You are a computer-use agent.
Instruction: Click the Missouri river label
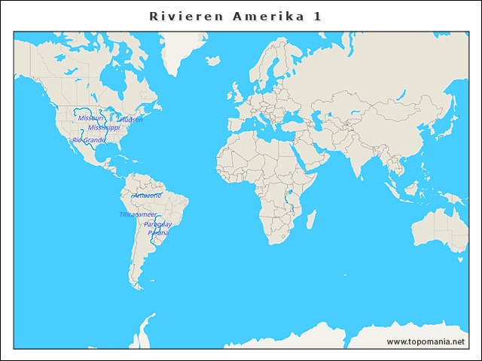[90, 118]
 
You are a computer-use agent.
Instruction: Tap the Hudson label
[132, 120]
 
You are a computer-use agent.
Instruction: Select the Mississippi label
[103, 128]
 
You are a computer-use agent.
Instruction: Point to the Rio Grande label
[89, 140]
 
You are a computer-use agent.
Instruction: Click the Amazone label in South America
[148, 196]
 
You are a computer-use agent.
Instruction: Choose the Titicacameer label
[138, 214]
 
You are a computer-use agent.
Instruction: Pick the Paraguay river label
[158, 224]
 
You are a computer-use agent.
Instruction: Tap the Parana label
[158, 233]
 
